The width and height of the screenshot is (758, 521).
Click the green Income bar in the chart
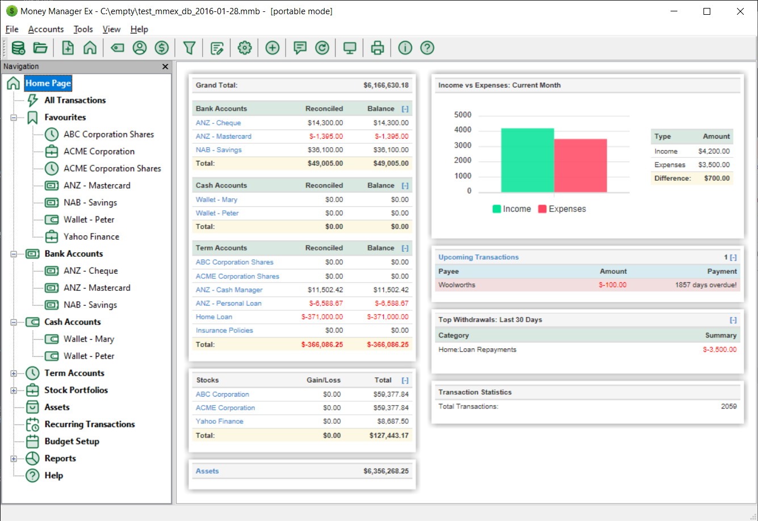click(x=527, y=160)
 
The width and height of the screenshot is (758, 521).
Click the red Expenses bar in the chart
click(x=580, y=165)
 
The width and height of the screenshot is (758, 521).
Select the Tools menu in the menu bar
click(x=83, y=29)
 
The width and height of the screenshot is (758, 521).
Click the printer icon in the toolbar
click(x=378, y=48)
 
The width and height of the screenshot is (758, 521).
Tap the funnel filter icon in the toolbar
click(x=189, y=48)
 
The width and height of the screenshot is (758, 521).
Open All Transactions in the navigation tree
click(x=75, y=100)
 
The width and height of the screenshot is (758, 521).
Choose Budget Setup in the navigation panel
click(x=72, y=441)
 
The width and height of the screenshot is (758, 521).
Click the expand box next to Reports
click(x=14, y=459)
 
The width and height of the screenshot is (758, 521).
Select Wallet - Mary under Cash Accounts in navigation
click(x=89, y=339)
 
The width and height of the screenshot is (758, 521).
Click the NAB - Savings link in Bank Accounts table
click(x=219, y=150)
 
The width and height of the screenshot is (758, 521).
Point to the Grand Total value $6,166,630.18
click(x=386, y=85)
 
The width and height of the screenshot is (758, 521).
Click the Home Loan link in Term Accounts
click(x=214, y=317)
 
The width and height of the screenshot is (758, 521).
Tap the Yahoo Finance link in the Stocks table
click(x=219, y=422)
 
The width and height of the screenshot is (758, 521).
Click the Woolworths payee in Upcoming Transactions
click(x=457, y=285)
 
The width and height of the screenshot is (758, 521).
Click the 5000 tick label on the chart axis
click(x=463, y=115)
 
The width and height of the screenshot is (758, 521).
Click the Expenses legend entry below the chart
click(x=562, y=209)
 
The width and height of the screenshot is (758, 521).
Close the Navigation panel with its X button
click(x=165, y=66)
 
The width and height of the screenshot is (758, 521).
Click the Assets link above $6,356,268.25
click(x=207, y=471)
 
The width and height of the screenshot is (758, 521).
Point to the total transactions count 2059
click(x=728, y=406)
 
